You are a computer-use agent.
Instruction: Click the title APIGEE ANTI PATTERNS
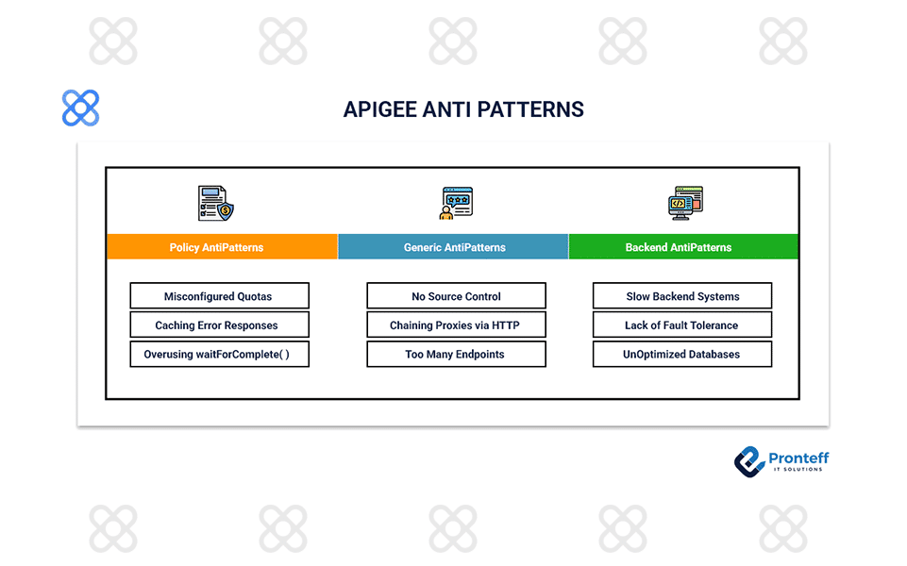[x=463, y=109]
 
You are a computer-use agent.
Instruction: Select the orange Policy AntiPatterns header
[x=221, y=247]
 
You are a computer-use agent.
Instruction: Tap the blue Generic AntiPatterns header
[x=453, y=247]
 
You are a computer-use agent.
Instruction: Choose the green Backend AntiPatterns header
[x=683, y=247]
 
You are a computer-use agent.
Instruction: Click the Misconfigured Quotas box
[x=219, y=296]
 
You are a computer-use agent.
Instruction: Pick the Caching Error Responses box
[x=219, y=325]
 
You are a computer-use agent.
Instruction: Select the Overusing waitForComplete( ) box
[x=219, y=355]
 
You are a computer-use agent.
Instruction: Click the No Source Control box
[x=456, y=296]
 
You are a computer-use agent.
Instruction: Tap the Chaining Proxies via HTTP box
[x=456, y=325]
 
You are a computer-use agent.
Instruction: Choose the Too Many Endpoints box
[x=456, y=355]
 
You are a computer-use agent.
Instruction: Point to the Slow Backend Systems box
[x=682, y=296]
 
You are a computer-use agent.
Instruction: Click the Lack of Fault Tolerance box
[x=682, y=325]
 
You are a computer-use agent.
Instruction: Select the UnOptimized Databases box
[x=682, y=355]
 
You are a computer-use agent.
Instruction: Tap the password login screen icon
[x=456, y=203]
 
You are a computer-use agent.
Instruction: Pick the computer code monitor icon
[x=687, y=203]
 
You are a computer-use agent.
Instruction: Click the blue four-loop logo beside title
[x=80, y=108]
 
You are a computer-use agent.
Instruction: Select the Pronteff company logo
[x=781, y=460]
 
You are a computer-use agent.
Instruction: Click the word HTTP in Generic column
[x=506, y=325]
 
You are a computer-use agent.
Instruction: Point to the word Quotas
[x=254, y=296]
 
